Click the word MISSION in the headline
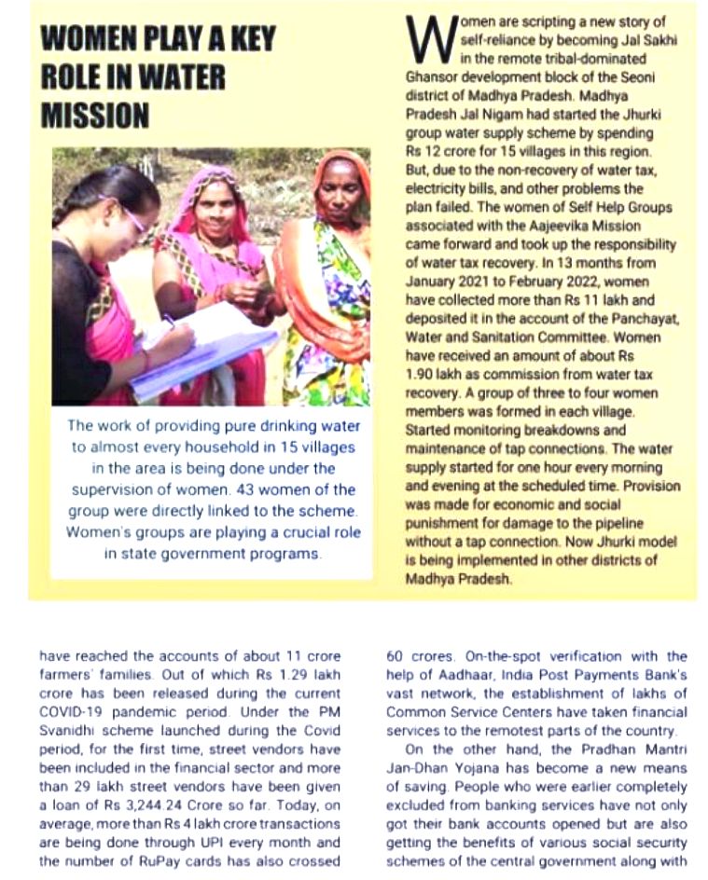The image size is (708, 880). [95, 116]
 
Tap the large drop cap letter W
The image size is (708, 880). [426, 39]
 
